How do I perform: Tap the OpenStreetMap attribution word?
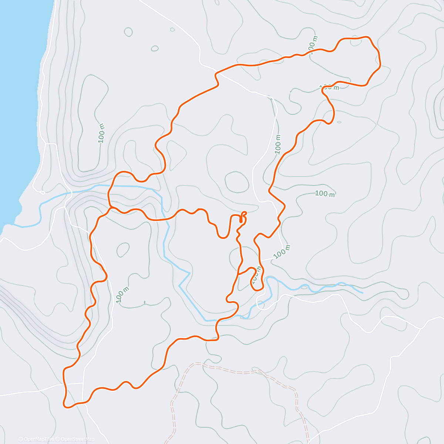[78, 439]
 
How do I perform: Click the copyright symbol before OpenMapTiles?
[21, 439]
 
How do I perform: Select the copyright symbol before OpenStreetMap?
[58, 439]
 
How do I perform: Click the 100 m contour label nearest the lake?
[101, 132]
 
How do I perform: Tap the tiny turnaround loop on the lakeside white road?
[41, 192]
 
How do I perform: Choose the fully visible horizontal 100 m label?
[325, 194]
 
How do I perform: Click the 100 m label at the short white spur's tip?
[282, 252]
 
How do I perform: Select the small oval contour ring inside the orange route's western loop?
[123, 250]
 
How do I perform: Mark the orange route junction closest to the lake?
[110, 208]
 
